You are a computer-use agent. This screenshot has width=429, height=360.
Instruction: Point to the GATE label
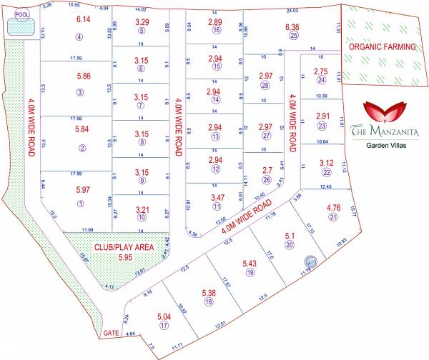(111, 334)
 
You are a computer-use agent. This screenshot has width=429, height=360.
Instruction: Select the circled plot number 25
(293, 36)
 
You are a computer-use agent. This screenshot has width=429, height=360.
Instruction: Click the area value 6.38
(293, 26)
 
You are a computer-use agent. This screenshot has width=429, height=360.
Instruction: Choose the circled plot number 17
(164, 326)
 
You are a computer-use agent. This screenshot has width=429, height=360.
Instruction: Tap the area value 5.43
(250, 262)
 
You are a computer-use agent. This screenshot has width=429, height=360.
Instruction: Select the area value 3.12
(326, 162)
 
